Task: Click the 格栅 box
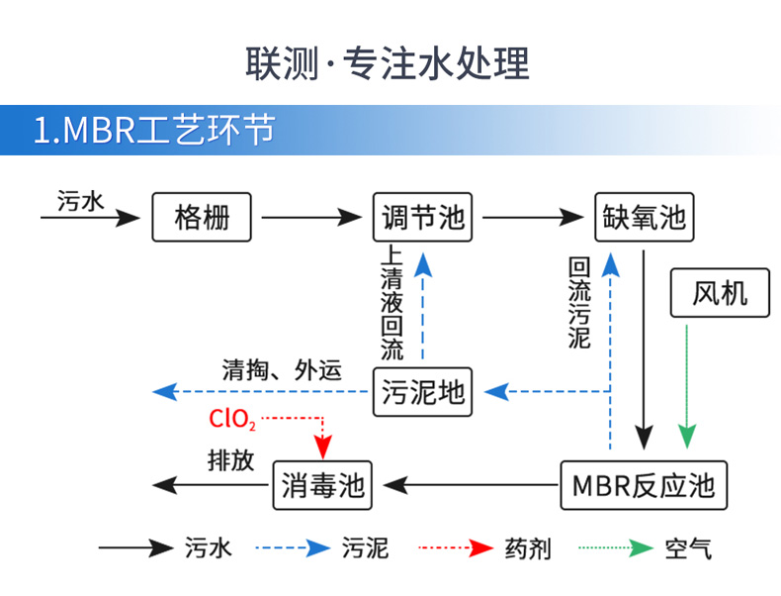pos(202,217)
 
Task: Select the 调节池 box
pos(423,217)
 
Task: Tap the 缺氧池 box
pos(644,217)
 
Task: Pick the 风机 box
pos(720,293)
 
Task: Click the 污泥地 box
pos(423,392)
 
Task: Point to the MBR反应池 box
pos(644,485)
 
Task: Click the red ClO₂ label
pos(232,419)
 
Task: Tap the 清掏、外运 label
pos(282,370)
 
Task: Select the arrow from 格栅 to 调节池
pos(312,217)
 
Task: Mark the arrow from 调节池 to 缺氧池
pos(534,217)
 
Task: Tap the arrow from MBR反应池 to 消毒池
pos(471,485)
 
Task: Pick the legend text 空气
pos(688,547)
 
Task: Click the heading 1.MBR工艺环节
pos(153,131)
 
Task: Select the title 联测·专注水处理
pos(388,61)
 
